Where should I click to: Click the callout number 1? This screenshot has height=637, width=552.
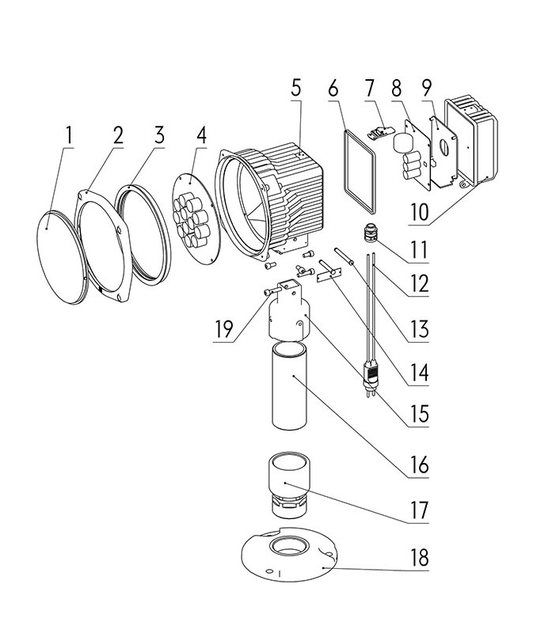(69, 135)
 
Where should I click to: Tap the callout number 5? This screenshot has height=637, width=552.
(296, 87)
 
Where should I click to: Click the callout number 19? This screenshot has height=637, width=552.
(225, 328)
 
